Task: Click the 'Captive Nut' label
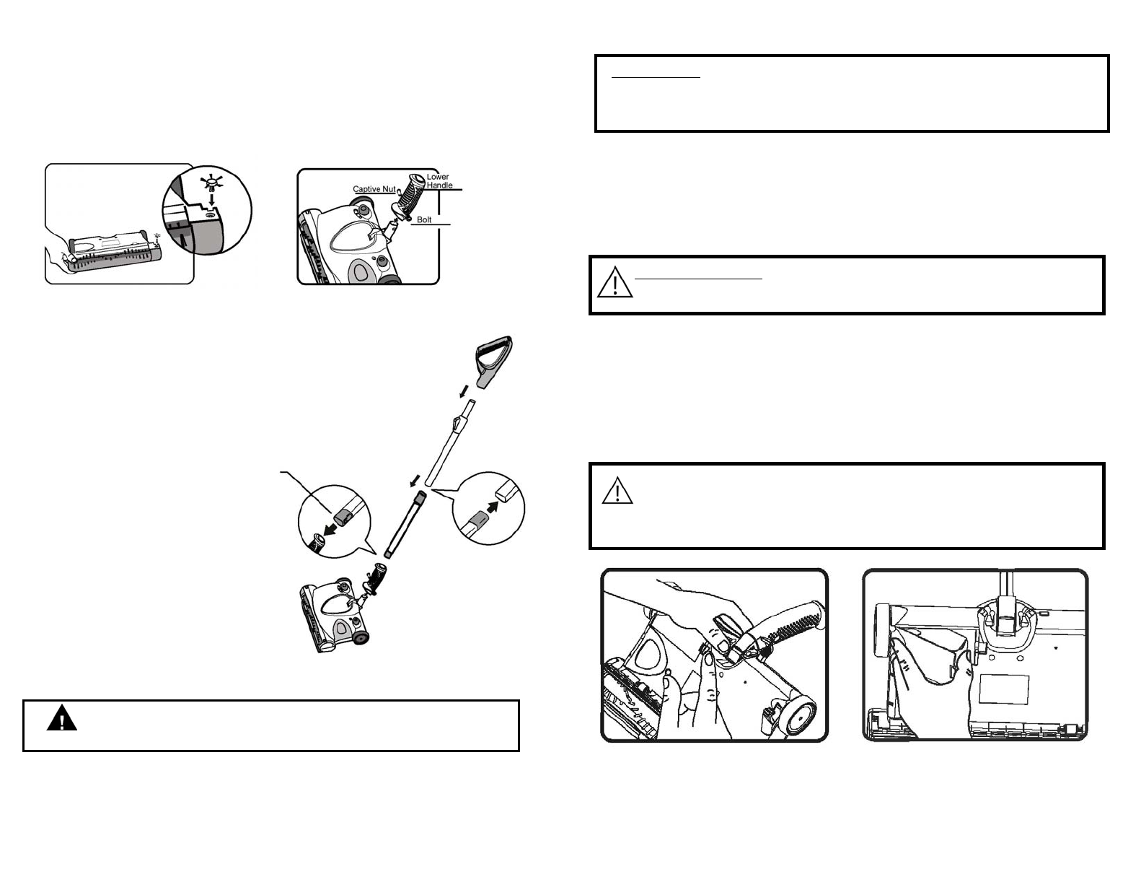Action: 374,189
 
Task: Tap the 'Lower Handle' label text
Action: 439,181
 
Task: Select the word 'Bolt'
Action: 424,219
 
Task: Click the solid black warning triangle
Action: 62,717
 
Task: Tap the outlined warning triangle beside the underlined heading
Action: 615,282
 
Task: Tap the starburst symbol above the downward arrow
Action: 211,184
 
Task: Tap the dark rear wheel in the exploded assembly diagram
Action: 360,638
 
